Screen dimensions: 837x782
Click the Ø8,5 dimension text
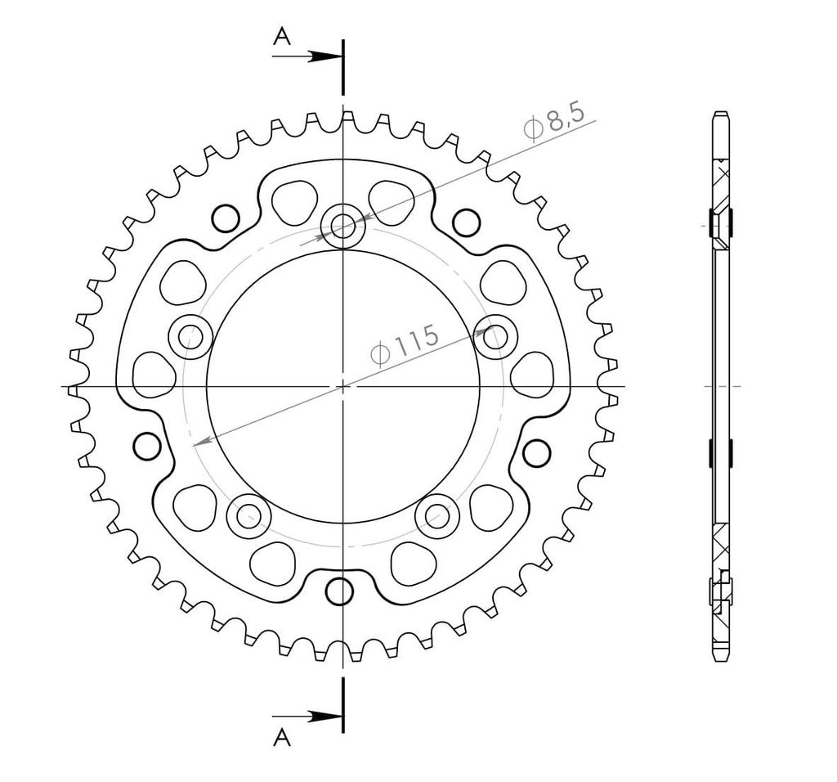coord(554,124)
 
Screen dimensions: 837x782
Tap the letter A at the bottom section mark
coord(282,738)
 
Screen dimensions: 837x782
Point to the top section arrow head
coord(326,56)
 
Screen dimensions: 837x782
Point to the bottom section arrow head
coord(326,716)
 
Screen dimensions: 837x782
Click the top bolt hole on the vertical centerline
coord(343,226)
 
